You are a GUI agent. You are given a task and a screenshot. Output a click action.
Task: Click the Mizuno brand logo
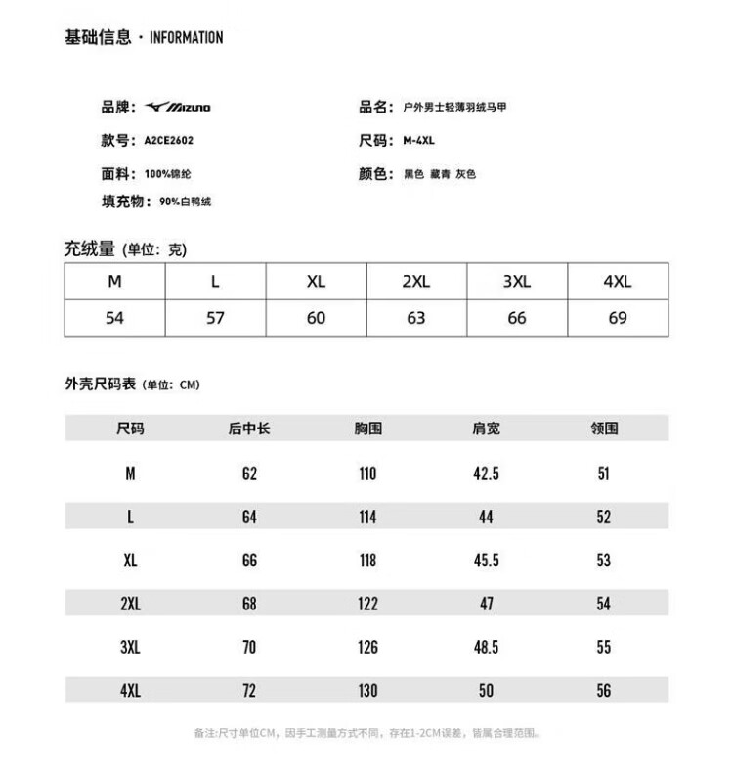coord(177,107)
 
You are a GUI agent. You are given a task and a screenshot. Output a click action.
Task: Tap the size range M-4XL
coord(419,140)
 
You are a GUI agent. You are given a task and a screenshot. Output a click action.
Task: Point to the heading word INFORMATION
coord(187,38)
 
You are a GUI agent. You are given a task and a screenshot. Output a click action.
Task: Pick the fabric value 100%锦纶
coord(168,174)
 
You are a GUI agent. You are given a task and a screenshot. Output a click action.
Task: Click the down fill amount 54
coord(114,318)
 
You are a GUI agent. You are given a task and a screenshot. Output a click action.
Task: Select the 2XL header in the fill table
coord(416,282)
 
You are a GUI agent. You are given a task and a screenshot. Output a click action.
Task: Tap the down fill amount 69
coord(618,318)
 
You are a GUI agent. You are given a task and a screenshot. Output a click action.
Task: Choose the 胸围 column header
coord(367,429)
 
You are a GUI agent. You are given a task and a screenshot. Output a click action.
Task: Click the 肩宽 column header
coord(486,429)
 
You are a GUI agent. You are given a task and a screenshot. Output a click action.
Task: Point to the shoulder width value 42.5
coord(486,474)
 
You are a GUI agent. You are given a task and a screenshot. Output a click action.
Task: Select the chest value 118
coord(367,561)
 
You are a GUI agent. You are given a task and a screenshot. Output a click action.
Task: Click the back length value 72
coord(249,691)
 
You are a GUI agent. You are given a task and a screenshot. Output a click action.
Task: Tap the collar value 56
coord(603,691)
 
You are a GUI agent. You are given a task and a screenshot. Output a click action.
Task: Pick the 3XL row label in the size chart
coord(130,648)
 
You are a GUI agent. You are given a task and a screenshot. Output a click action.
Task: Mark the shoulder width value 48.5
coord(486,648)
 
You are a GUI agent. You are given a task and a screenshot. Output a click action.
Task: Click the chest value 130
coord(367,691)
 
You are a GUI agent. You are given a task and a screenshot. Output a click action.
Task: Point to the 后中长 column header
coord(249,429)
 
